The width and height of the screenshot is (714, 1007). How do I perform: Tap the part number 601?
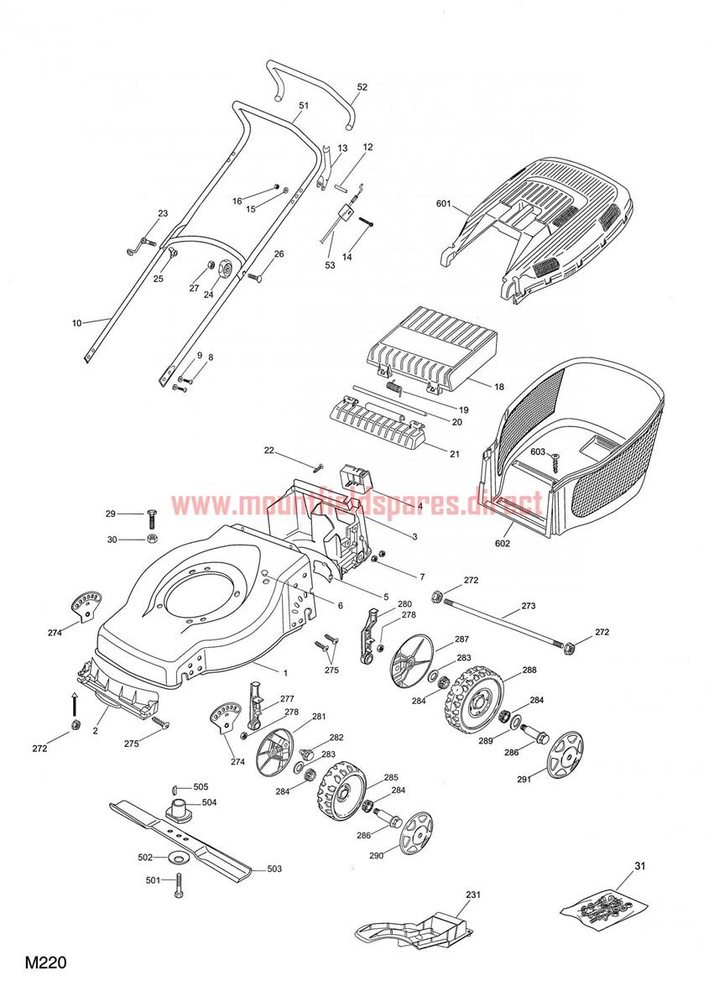tap(444, 204)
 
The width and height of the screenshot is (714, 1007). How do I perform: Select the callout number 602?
tap(503, 544)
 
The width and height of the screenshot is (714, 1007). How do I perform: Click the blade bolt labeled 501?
tap(179, 886)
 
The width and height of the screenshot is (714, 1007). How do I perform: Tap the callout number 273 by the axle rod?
tap(529, 606)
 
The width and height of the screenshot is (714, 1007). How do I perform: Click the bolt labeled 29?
tap(152, 519)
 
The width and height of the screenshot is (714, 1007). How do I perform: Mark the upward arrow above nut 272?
tap(75, 704)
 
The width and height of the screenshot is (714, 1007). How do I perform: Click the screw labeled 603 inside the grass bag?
tap(555, 462)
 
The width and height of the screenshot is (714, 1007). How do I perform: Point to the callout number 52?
tap(362, 87)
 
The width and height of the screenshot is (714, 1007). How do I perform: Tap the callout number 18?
tap(498, 387)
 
